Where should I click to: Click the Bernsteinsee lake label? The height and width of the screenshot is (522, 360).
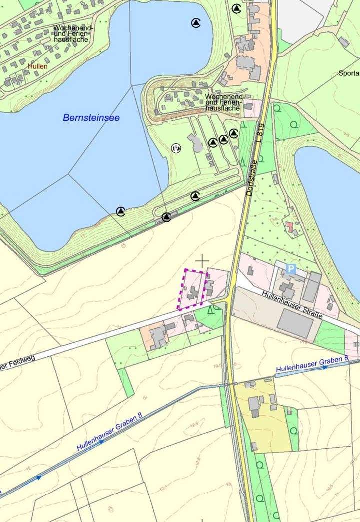(91, 118)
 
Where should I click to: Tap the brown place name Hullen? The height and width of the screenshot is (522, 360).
(38, 66)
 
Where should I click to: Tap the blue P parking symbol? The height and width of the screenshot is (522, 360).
(291, 269)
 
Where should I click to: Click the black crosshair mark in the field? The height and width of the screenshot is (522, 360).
(202, 260)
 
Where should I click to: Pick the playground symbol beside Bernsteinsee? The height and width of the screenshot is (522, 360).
(176, 148)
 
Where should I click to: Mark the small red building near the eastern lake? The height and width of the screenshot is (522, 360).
(290, 227)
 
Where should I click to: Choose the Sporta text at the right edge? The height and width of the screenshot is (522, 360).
(349, 73)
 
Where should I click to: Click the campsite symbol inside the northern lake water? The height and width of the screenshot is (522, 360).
(196, 23)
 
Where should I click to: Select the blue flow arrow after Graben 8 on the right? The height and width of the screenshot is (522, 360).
(325, 367)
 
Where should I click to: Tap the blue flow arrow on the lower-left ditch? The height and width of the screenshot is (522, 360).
(39, 478)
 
